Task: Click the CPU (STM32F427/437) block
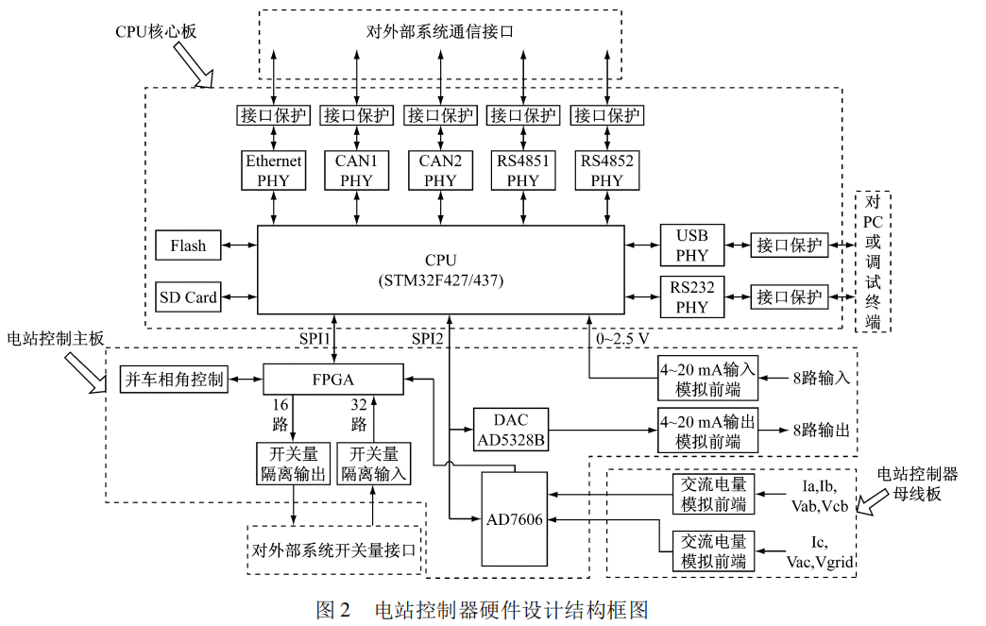click(440, 269)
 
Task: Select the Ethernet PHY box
click(273, 170)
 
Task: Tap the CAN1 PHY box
click(356, 170)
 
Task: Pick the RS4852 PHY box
click(607, 170)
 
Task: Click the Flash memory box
click(188, 245)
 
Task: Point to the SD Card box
click(188, 297)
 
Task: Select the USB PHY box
click(691, 245)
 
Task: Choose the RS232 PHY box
click(691, 296)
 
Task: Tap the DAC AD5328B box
click(509, 430)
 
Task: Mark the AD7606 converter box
click(514, 520)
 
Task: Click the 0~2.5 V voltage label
click(622, 337)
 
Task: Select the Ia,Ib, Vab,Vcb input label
click(821, 497)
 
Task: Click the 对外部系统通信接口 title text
click(439, 32)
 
